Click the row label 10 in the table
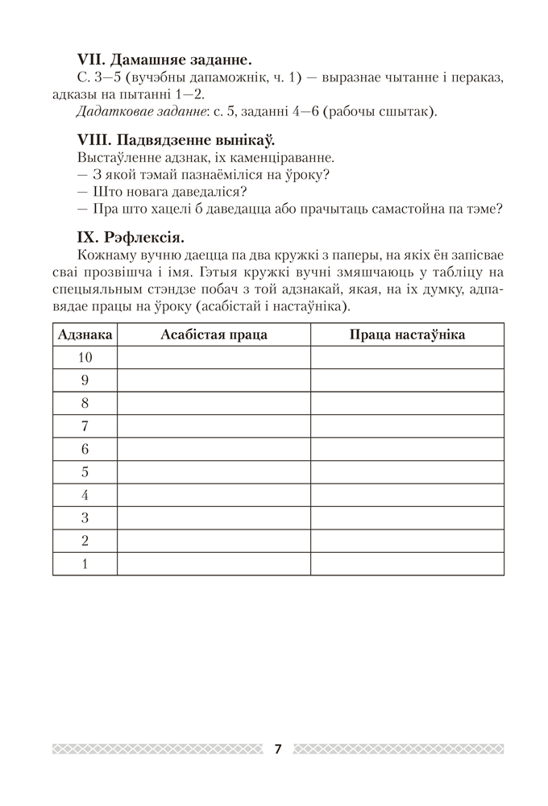(x=85, y=357)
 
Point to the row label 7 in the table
(x=85, y=426)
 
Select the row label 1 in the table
(x=85, y=564)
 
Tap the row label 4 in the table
(x=85, y=495)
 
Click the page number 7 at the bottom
(x=277, y=749)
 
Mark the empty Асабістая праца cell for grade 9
(x=214, y=380)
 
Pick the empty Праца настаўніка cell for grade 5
(x=407, y=472)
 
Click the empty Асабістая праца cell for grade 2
(x=214, y=541)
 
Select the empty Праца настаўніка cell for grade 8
(x=407, y=403)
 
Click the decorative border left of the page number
(x=157, y=749)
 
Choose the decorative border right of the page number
(x=399, y=749)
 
